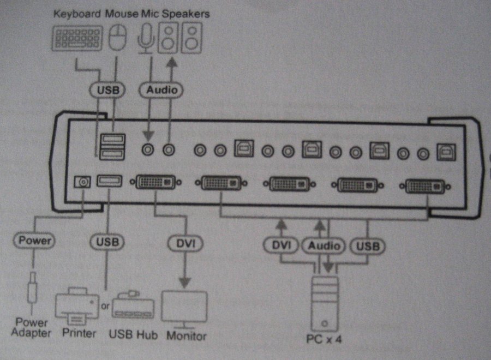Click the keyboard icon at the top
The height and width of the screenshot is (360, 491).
click(77, 40)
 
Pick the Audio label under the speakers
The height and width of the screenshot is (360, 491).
click(161, 89)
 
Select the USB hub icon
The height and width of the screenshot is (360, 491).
click(133, 308)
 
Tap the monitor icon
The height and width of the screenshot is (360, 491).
click(185, 309)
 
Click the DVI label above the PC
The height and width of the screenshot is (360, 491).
click(282, 246)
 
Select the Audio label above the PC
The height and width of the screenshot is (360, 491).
click(324, 246)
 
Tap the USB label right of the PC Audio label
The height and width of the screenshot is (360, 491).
click(367, 246)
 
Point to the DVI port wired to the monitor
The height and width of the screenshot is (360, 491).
click(155, 182)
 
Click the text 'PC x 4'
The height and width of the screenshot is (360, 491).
click(325, 339)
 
